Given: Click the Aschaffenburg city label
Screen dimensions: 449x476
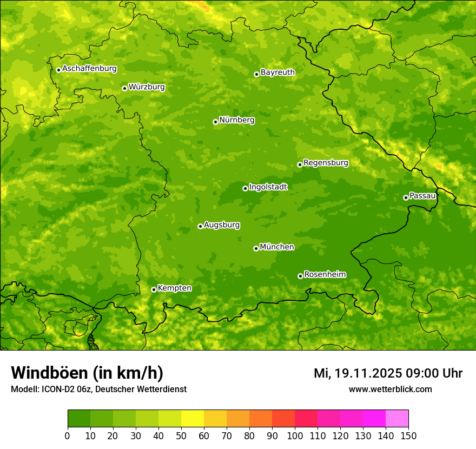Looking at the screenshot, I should pos(89,69).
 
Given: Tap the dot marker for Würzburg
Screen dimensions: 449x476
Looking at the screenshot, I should pos(124,88).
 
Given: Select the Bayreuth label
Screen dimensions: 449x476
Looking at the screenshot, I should pos(277,72).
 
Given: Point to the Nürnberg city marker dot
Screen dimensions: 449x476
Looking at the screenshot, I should pos(215,122).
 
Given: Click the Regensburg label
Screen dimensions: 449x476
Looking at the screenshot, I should pos(326,162).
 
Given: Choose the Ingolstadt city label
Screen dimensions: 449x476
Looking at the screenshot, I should pos(268,187).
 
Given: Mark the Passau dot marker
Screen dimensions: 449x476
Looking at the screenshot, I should pos(406,197).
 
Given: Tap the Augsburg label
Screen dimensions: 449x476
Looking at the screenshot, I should pos(222,225).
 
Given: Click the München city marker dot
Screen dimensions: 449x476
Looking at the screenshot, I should pos(256,248).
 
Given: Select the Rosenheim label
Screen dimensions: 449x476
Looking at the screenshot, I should pos(325,274).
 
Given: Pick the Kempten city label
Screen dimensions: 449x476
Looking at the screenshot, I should pos(174,288).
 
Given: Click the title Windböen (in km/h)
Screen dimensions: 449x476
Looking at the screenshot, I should pos(87,373).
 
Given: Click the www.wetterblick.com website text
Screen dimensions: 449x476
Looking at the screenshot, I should pos(390,389).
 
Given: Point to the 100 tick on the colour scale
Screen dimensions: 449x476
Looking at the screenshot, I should pos(295,435).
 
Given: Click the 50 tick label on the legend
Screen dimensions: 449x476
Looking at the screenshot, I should pos(181,435).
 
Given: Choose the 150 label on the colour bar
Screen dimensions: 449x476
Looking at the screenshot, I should pos(408,435).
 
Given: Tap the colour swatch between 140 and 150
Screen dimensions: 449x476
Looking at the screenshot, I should pos(397,419).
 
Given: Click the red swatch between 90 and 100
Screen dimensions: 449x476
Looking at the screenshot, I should pos(283,419).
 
